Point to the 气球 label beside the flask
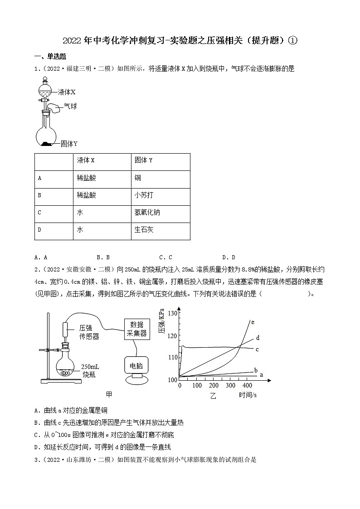pyautogui.click(x=70, y=107)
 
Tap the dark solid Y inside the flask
pyautogui.click(x=47, y=144)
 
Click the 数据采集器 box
pyautogui.click(x=138, y=329)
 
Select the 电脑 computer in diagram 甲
pyautogui.click(x=136, y=365)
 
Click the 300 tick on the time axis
pyautogui.click(x=231, y=385)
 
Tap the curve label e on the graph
pyautogui.click(x=253, y=322)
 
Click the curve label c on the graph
pyautogui.click(x=257, y=349)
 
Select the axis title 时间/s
pyautogui.click(x=248, y=395)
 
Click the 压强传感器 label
pyautogui.click(x=89, y=332)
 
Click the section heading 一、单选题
pyautogui.click(x=50, y=57)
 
